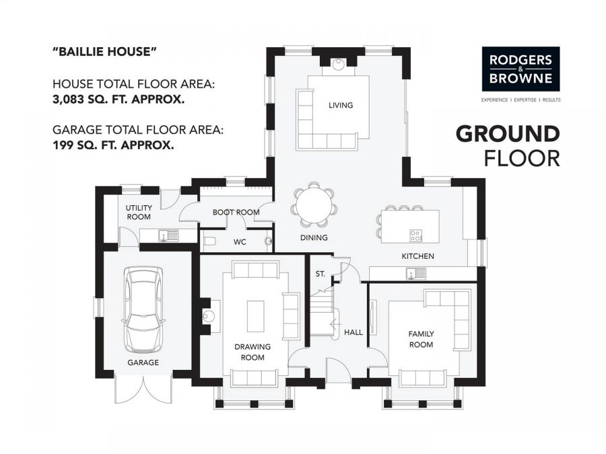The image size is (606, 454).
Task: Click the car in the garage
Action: pos(143,309)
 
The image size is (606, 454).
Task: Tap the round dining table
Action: pos(314,206)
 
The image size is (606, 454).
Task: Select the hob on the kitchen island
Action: pos(416,235)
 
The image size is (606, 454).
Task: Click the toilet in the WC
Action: pos(209,241)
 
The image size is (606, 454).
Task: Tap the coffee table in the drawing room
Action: pos(255,316)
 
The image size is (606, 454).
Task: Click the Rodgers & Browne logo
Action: pos(520,69)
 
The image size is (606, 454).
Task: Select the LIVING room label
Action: pos(341,105)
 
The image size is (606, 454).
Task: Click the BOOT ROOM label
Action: pos(236,213)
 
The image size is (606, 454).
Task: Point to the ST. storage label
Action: pos(321,274)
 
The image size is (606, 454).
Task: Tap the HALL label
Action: pos(353,332)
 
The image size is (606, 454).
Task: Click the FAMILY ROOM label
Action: pos(421,339)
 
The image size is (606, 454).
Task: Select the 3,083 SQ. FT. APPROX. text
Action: pos(119,100)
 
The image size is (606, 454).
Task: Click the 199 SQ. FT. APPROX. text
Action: pos(113,145)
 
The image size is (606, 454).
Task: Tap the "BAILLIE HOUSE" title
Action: pos(104,51)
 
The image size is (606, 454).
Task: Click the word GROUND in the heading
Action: pos(508,134)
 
